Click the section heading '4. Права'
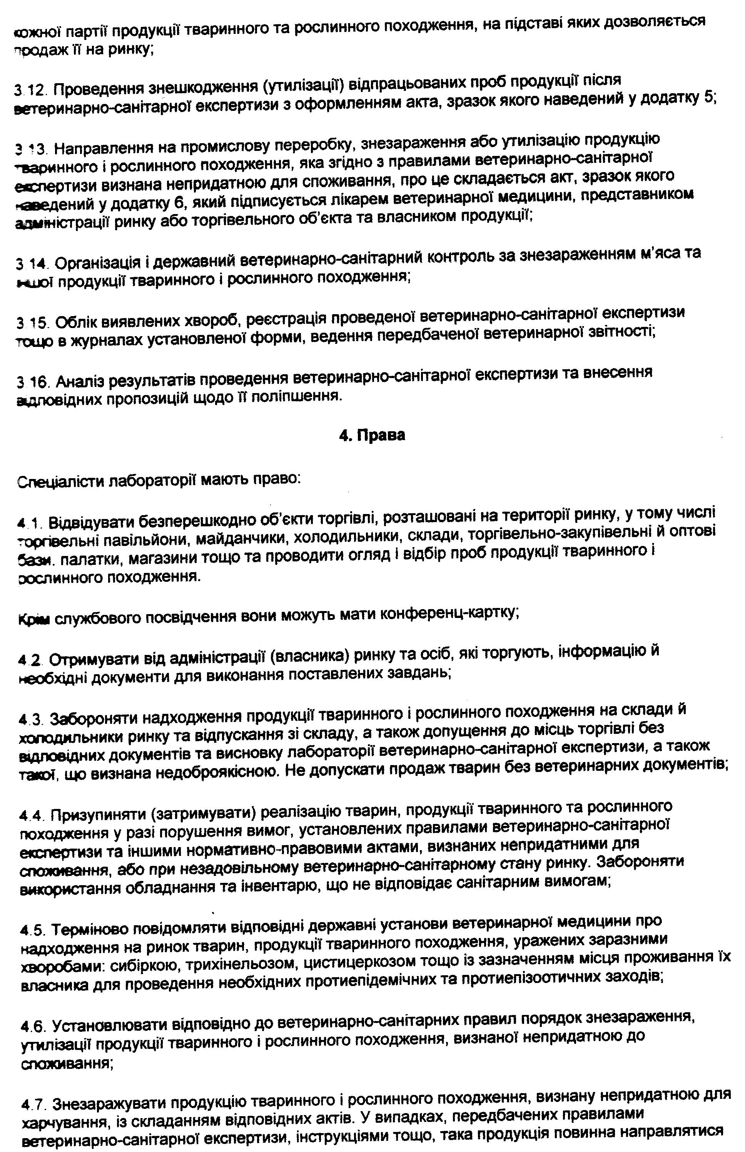coord(371,435)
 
